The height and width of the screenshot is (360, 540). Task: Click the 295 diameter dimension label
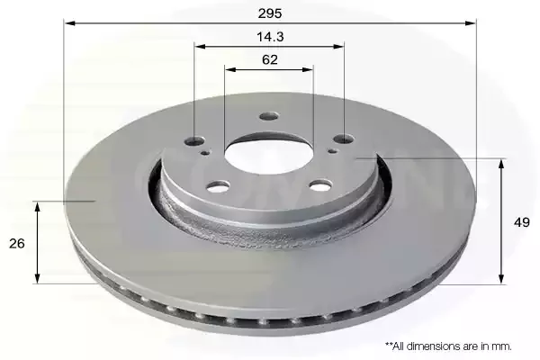tap(270, 13)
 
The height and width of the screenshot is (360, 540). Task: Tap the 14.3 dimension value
tap(270, 37)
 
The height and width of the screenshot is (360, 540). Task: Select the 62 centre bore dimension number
tap(270, 59)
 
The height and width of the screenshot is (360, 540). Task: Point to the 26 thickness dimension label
tap(17, 244)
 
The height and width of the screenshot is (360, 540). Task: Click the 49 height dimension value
tap(522, 222)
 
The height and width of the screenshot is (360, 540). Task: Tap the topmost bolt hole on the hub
tap(269, 116)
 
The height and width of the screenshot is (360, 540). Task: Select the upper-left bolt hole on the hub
tap(194, 140)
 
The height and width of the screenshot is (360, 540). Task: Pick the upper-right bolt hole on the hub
tap(344, 139)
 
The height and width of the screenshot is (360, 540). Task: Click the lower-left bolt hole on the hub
tap(218, 187)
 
